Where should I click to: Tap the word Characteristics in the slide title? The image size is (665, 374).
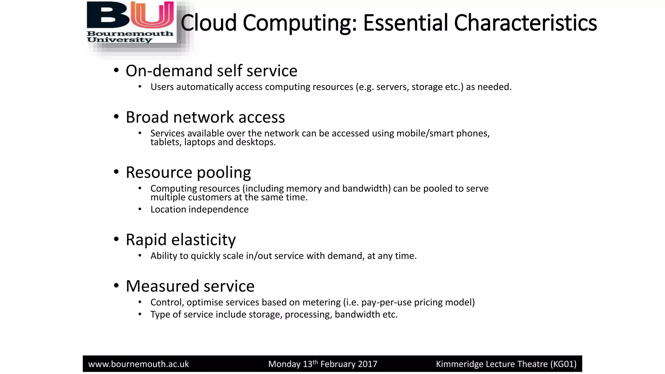525,23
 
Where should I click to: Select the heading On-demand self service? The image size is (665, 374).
211,71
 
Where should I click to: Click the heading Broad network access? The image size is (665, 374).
205,117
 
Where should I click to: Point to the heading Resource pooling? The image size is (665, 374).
188,172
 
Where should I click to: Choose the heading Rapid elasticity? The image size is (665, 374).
181,240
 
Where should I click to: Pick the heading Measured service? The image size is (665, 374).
190,286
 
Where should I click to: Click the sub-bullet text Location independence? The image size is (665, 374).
199,209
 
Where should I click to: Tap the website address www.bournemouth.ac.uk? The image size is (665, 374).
139,364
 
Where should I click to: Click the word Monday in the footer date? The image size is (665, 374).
284,364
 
